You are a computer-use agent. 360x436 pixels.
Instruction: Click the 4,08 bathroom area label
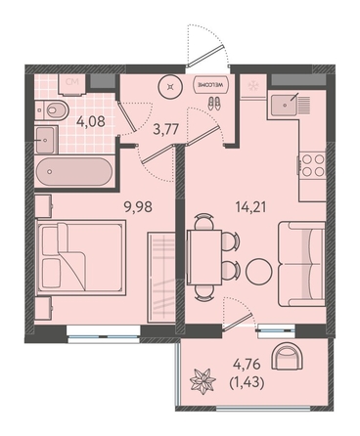coord(91,121)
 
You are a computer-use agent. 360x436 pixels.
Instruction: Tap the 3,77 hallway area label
coord(166,130)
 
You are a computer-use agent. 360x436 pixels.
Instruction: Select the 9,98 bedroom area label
coord(138,206)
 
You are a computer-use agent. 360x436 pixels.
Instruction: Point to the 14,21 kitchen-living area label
coord(250,206)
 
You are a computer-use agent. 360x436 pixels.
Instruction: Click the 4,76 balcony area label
coord(247,365)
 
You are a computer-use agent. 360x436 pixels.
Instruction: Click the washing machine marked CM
coord(72,84)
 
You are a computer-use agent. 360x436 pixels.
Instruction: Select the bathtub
coord(74,172)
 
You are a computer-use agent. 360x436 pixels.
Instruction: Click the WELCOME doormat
coord(211,85)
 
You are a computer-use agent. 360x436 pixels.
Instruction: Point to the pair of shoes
coord(214,104)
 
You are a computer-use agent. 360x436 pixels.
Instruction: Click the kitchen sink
coord(285,105)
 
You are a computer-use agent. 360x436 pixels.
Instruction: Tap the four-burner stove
coord(313,165)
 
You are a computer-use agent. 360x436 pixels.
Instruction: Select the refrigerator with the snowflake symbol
coord(252,86)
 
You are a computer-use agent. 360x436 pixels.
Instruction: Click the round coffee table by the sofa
coord(258,271)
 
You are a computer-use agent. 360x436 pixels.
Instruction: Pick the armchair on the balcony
coord(288,356)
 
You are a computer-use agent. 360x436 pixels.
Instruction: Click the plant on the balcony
coord(202,379)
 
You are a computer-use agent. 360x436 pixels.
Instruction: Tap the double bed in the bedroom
coord(81,257)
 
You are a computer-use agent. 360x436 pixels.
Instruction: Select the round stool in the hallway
coord(170,86)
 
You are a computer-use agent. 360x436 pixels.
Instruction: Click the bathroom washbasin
coord(46,140)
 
